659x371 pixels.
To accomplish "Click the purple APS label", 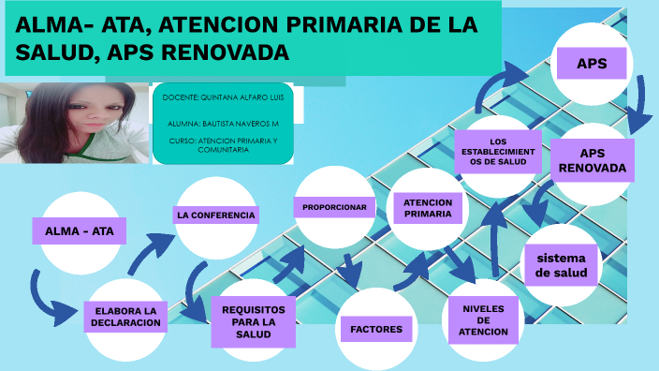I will pyautogui.click(x=591, y=64).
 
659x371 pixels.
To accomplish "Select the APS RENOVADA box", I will pyautogui.click(x=592, y=160).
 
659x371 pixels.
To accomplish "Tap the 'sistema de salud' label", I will pyautogui.click(x=561, y=265).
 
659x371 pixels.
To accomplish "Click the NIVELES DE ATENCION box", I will pyautogui.click(x=483, y=319).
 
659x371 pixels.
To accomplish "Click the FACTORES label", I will pyautogui.click(x=376, y=329).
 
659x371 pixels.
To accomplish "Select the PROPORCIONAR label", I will pyautogui.click(x=333, y=206).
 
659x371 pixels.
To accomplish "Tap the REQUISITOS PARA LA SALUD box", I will pyautogui.click(x=253, y=319).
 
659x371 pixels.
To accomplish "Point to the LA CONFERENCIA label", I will pyautogui.click(x=216, y=215).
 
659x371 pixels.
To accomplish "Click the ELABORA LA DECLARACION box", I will pyautogui.click(x=126, y=317).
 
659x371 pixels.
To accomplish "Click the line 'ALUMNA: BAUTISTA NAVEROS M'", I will pyautogui.click(x=223, y=123).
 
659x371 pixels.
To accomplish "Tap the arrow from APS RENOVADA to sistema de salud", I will pyautogui.click(x=537, y=202).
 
